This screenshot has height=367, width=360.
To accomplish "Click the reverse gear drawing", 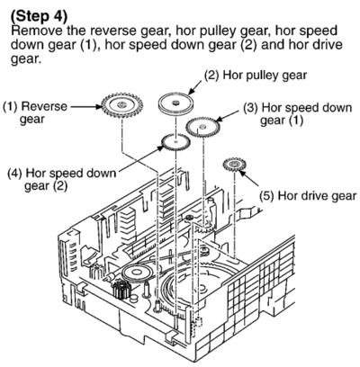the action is [x=121, y=105].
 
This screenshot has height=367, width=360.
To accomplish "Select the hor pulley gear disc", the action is [x=175, y=103].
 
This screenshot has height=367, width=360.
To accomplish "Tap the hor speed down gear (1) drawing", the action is [x=202, y=127].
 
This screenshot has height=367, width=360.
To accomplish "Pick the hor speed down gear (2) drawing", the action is [x=175, y=142].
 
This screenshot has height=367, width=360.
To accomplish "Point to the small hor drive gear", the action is [x=234, y=164].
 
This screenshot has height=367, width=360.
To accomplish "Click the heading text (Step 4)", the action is [x=39, y=16].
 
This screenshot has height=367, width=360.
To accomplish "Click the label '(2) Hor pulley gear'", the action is [x=256, y=76].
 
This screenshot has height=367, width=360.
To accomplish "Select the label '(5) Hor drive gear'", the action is [x=308, y=196].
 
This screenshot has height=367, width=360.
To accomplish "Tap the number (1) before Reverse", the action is [x=10, y=107].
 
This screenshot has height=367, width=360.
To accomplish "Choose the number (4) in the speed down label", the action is [x=15, y=174].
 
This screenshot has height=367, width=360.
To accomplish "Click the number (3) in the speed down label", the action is [x=250, y=108].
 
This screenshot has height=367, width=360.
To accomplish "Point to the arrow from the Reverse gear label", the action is [x=85, y=106].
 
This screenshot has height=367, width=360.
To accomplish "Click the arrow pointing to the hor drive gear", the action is [x=249, y=179].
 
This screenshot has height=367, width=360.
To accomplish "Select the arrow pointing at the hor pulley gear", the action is [x=194, y=87].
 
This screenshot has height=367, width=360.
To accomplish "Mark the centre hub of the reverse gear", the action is [x=121, y=104].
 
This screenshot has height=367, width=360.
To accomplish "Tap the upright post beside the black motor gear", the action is [x=147, y=290].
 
